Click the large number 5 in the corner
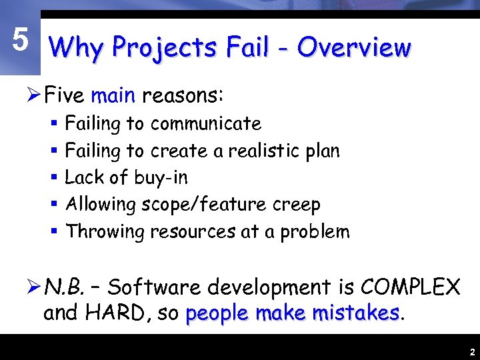click(20, 41)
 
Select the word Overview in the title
click(354, 47)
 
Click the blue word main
click(113, 96)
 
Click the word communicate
click(205, 124)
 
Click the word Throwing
click(105, 232)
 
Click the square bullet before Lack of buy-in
click(55, 178)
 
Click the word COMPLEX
click(410, 288)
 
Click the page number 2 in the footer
click(471, 351)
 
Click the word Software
click(154, 288)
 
